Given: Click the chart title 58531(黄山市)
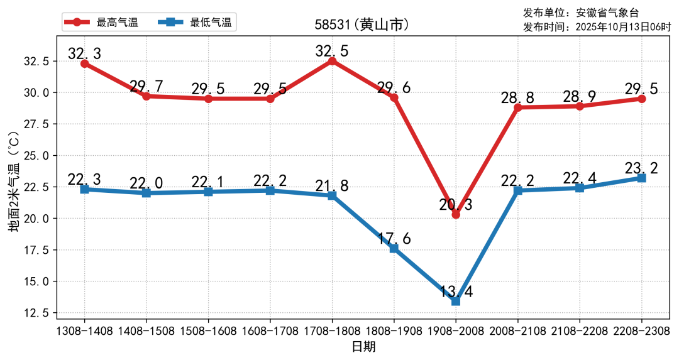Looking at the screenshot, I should pyautogui.click(x=362, y=25).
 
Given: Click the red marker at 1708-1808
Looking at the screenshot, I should pyautogui.click(x=332, y=61).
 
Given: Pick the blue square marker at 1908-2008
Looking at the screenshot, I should pyautogui.click(x=456, y=301).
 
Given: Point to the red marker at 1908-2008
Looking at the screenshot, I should pyautogui.click(x=456, y=214).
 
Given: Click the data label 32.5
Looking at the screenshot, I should pyautogui.click(x=332, y=51).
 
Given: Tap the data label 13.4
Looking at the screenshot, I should pyautogui.click(x=456, y=291).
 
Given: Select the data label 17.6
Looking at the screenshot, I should pyautogui.click(x=394, y=239).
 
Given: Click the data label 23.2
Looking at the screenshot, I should pyautogui.click(x=641, y=168).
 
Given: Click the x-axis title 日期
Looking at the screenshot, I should pyautogui.click(x=363, y=347).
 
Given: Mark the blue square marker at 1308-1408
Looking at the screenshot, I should pyautogui.click(x=84, y=189).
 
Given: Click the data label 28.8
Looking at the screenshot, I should pyautogui.click(x=517, y=98).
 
